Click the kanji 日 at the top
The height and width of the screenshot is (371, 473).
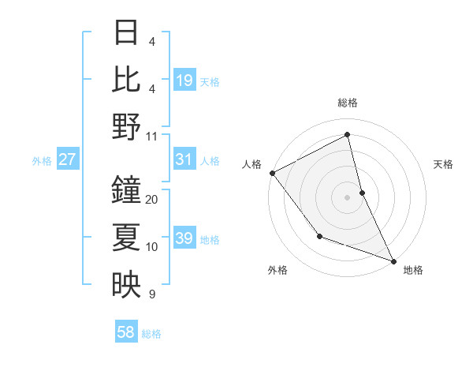tap(126, 32)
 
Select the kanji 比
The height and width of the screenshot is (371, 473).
tap(126, 79)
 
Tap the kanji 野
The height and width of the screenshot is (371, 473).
tap(126, 126)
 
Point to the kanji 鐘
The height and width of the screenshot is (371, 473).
tap(126, 190)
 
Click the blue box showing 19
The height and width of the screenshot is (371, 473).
tap(184, 81)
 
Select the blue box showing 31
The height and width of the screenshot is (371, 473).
tap(184, 160)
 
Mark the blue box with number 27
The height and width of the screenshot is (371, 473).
tap(68, 160)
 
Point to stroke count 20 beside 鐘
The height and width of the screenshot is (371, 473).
tap(152, 200)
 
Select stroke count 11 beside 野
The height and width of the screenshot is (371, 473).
tap(152, 135)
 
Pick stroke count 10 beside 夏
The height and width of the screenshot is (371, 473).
tap(152, 247)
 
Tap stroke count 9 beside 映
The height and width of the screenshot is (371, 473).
tap(151, 294)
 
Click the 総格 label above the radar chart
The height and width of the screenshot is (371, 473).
tap(348, 103)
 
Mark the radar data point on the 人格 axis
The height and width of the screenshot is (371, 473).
tap(272, 173)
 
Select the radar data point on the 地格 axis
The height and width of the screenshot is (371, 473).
tap(393, 260)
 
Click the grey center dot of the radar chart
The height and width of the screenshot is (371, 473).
tap(348, 197)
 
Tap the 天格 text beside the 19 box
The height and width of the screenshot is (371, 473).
tap(210, 81)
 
